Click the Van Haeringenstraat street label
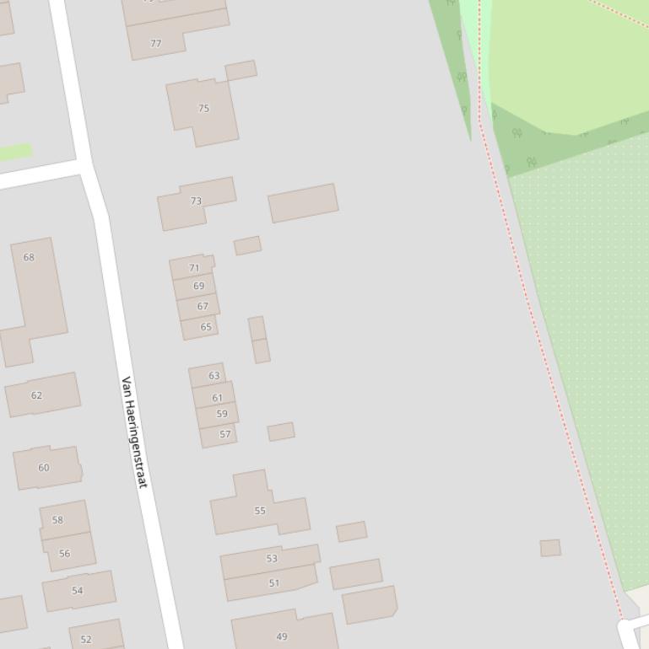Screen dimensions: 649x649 click(x=135, y=432)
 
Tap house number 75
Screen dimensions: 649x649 click(x=203, y=109)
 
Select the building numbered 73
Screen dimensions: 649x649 click(x=196, y=201)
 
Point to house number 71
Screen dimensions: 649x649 click(x=194, y=268)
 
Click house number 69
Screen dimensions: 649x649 click(x=198, y=287)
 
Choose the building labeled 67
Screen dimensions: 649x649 click(x=202, y=307)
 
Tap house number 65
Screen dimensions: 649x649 click(x=205, y=327)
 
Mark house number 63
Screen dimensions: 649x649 click(x=214, y=376)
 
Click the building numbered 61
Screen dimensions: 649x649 click(x=217, y=398)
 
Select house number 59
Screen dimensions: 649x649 click(x=221, y=414)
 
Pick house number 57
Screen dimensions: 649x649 click(x=224, y=435)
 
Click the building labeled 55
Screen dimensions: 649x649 click(x=260, y=511)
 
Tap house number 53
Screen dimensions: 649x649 click(x=272, y=559)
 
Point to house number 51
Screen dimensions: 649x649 click(x=273, y=582)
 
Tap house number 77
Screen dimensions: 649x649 click(x=155, y=44)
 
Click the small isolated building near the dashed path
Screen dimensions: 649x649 click(x=550, y=548)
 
